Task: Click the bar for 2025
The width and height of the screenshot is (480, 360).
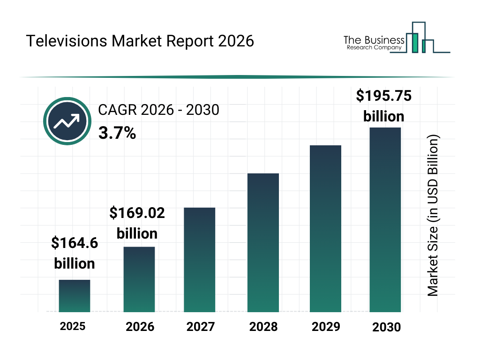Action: tap(74, 296)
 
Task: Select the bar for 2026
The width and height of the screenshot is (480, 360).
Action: tap(139, 279)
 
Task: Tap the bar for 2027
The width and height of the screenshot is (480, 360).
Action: tap(199, 260)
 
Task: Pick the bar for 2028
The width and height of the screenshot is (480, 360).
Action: tap(263, 243)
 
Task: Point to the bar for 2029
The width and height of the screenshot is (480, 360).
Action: tap(325, 229)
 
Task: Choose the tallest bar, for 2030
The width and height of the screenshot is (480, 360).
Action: tap(385, 219)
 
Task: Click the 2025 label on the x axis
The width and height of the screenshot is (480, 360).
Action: tap(73, 326)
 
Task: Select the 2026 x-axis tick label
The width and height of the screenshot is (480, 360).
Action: tap(140, 327)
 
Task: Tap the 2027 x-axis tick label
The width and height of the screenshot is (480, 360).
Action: tap(201, 327)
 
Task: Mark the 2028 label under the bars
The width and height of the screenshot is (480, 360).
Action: tap(263, 327)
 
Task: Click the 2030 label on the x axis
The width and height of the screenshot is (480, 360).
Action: tap(387, 327)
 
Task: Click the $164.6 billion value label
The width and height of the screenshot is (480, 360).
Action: tap(75, 253)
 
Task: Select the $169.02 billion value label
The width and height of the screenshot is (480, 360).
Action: tap(137, 223)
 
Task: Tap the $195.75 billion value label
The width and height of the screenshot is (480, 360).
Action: tap(383, 106)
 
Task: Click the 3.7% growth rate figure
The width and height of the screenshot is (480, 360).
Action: tap(117, 134)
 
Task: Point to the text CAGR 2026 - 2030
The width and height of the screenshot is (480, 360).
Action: tap(158, 110)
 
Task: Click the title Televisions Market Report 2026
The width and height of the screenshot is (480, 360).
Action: tap(140, 41)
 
